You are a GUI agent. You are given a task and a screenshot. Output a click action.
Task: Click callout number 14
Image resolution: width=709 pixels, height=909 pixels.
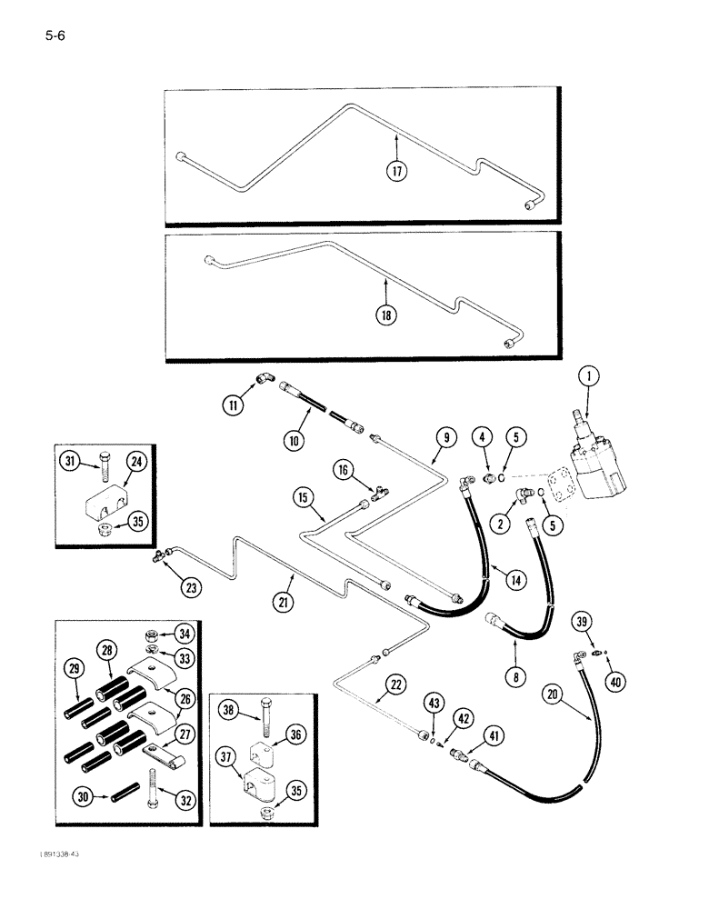click(490, 578)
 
